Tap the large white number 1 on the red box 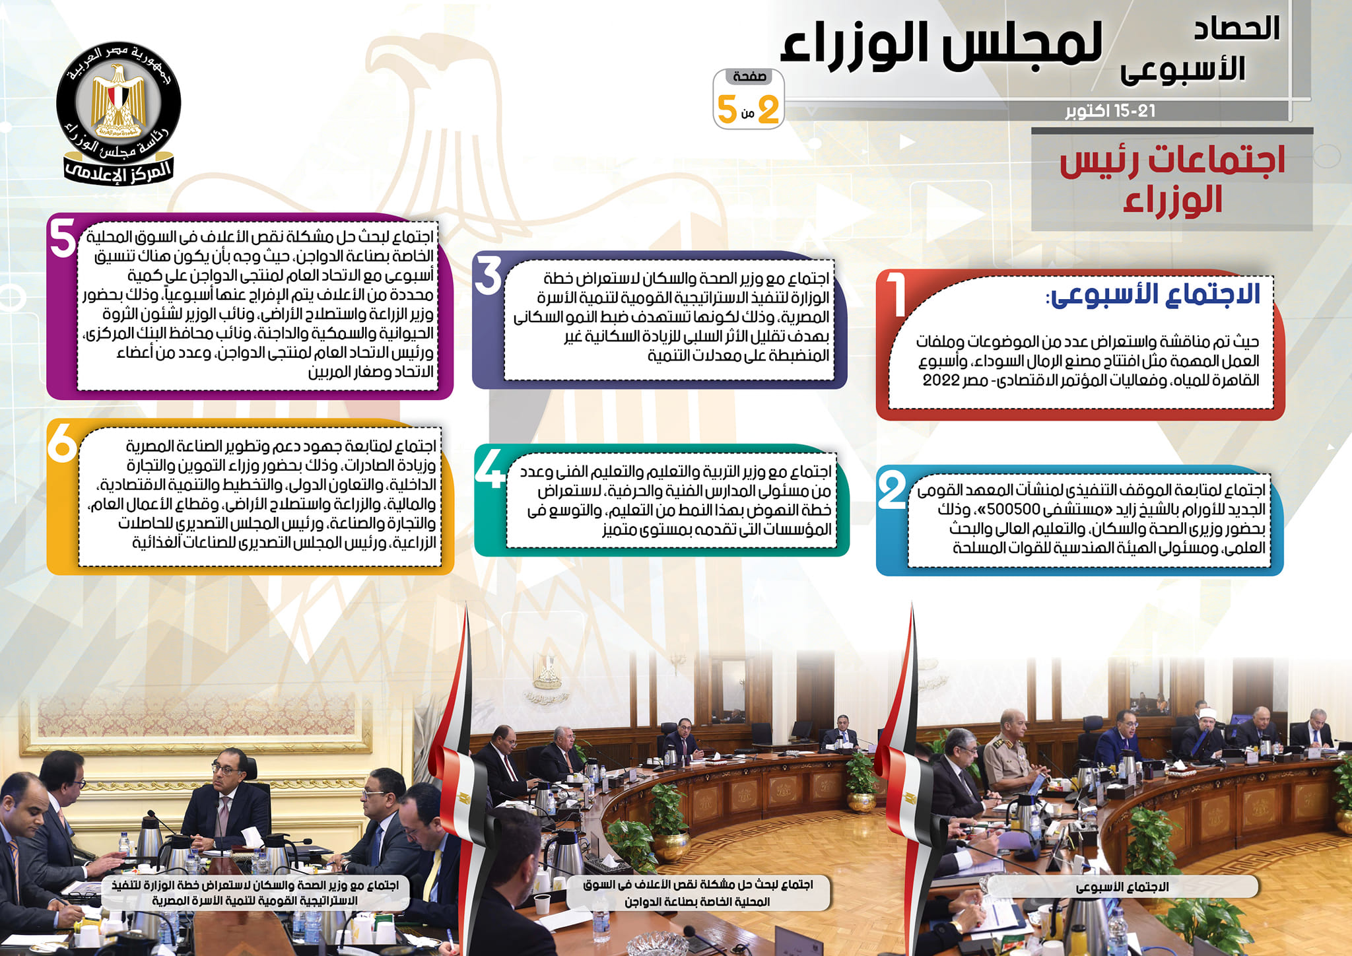click(896, 294)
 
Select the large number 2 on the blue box click(892, 489)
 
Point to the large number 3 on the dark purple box click(489, 275)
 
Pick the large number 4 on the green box click(490, 467)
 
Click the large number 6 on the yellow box click(63, 442)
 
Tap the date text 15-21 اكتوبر click(1110, 111)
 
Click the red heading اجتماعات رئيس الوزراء click(1172, 180)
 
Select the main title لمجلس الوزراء click(941, 44)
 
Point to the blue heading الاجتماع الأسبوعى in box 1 click(1153, 294)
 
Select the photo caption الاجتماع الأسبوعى click(1122, 887)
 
